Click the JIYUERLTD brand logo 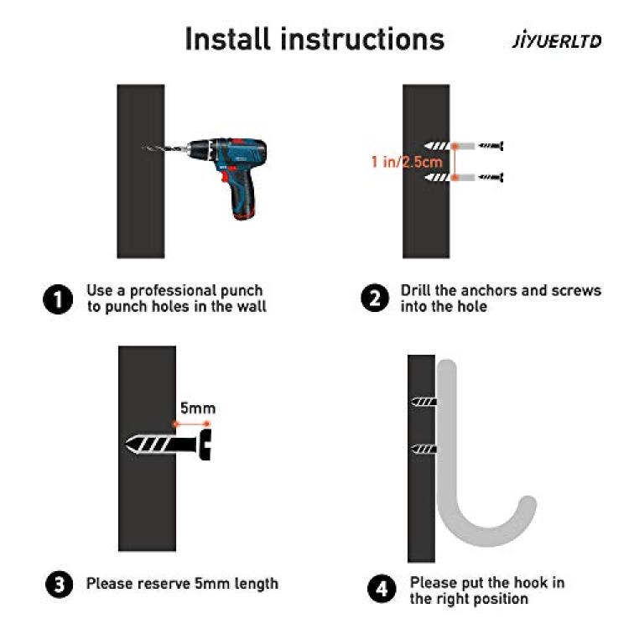[557, 41]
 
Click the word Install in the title [228, 39]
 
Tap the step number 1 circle [58, 299]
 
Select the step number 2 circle [375, 298]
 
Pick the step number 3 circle [60, 584]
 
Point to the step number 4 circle [382, 589]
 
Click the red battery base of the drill [243, 216]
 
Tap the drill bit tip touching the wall [143, 148]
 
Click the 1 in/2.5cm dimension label [407, 162]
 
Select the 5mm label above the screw [198, 408]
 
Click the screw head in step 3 [205, 444]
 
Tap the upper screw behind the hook [424, 402]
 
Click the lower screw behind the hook [424, 449]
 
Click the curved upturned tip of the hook [528, 505]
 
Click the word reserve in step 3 [164, 584]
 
